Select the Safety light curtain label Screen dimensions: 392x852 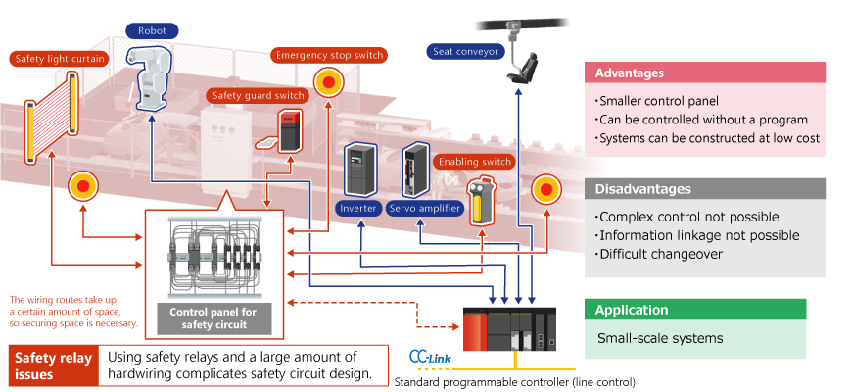[61, 58]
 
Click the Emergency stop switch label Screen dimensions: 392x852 [328, 55]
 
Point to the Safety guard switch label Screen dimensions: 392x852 [258, 96]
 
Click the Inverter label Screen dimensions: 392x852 [358, 208]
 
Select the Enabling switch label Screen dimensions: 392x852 [475, 161]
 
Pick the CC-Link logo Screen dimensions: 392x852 [428, 356]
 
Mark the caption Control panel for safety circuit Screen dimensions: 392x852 [213, 317]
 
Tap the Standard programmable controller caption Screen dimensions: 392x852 [514, 380]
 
